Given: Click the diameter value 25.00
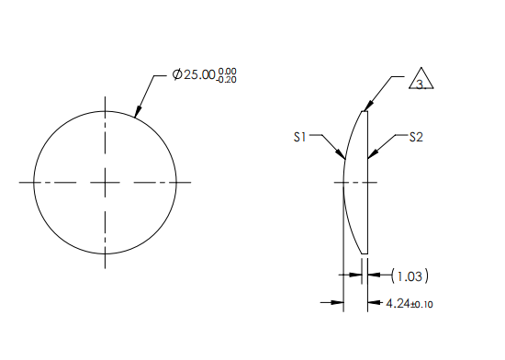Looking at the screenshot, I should (200, 74).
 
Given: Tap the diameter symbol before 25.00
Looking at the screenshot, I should (177, 74).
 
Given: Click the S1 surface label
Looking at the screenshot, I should (299, 136).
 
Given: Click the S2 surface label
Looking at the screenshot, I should (416, 137).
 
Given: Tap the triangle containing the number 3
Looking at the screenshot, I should (421, 81).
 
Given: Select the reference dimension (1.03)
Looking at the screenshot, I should (410, 275).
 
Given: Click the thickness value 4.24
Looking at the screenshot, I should (398, 302).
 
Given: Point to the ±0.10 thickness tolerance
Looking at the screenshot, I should (421, 303).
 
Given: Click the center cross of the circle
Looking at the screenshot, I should (106, 182).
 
